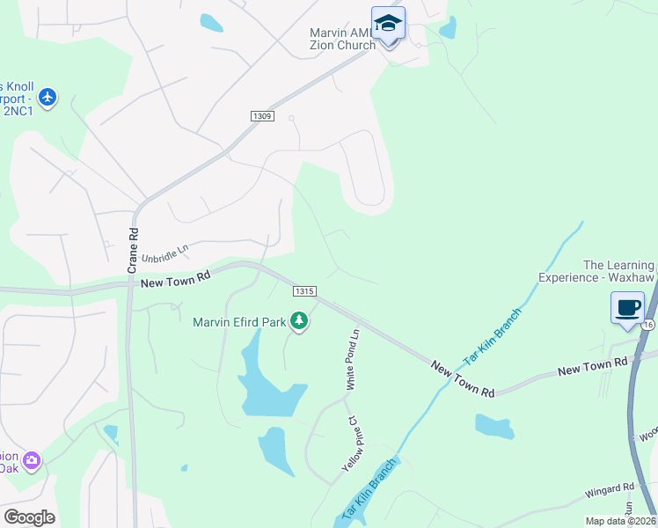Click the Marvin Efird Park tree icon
pos(300,321)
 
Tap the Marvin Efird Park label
pos(239,322)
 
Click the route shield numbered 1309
pos(261,116)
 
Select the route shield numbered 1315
pos(304,291)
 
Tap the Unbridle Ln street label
pos(165,252)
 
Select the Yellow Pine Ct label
pos(349,444)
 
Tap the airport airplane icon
pos(48,97)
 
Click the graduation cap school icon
pos(388,24)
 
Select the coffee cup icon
pos(627,308)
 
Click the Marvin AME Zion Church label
pos(343,39)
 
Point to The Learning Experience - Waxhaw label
pos(619,271)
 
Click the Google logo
pos(29,517)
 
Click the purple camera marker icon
pos(33,459)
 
